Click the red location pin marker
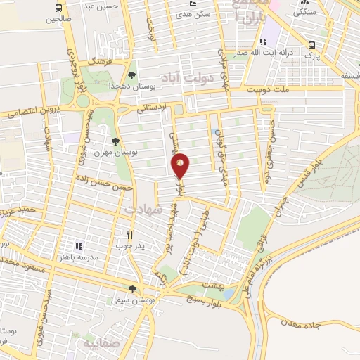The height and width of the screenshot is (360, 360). coord(181,165)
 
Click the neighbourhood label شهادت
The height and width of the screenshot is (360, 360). coord(143,209)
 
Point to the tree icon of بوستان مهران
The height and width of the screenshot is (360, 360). coord(124,141)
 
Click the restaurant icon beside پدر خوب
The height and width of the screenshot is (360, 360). coord(129,236)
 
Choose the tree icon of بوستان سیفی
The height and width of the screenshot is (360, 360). coord(132,289)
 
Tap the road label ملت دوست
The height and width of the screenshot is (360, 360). coord(271,90)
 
